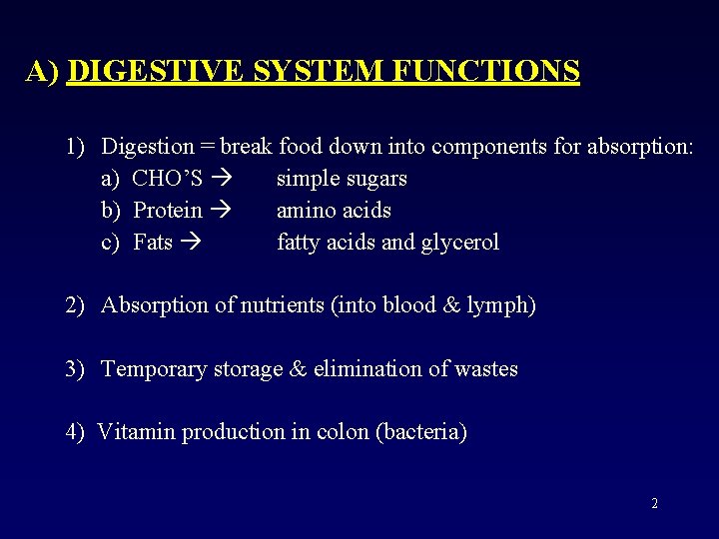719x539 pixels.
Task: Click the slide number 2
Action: pyautogui.click(x=654, y=504)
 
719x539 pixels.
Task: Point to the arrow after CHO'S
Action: pyautogui.click(x=221, y=179)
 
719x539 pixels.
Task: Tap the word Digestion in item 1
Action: pyautogui.click(x=148, y=147)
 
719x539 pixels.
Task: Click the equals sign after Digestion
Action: pyautogui.click(x=207, y=147)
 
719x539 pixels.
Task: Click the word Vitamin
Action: pyautogui.click(x=134, y=432)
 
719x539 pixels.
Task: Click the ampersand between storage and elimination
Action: pyautogui.click(x=298, y=369)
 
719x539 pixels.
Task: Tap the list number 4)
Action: pyautogui.click(x=76, y=432)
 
